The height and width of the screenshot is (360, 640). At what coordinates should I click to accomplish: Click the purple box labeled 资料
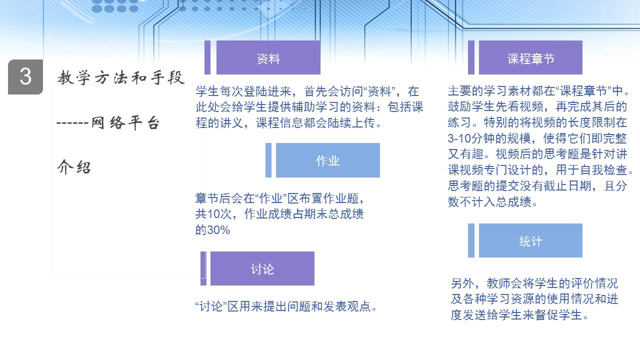[x=268, y=57]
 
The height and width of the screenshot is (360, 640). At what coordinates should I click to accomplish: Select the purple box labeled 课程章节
[x=530, y=57]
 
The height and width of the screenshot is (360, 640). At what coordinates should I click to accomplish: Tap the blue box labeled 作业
[x=327, y=160]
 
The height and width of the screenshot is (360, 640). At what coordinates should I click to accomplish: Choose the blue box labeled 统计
[x=530, y=240]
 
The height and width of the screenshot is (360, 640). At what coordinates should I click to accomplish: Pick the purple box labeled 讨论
[x=262, y=268]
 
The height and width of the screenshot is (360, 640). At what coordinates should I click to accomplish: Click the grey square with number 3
[x=25, y=77]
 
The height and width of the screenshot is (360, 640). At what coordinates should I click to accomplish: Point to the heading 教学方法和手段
[x=120, y=77]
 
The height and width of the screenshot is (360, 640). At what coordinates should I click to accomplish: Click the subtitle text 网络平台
[x=125, y=123]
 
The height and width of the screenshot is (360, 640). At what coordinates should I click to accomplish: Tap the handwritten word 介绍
[x=74, y=167]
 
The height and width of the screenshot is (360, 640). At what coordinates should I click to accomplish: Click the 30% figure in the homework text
[x=218, y=230]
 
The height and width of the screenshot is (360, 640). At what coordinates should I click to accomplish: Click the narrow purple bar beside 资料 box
[x=207, y=57]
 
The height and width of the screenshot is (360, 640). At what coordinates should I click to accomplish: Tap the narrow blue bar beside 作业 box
[x=268, y=160]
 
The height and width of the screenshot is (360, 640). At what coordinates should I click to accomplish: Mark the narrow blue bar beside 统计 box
[x=471, y=240]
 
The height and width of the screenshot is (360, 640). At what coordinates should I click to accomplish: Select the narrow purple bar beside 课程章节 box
[x=471, y=57]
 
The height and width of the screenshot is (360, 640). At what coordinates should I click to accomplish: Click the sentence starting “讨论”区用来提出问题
[x=286, y=306]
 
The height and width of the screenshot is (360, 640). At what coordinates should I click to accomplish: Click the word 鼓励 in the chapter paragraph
[x=459, y=107]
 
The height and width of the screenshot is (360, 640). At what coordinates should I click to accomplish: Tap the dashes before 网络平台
[x=72, y=123]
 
